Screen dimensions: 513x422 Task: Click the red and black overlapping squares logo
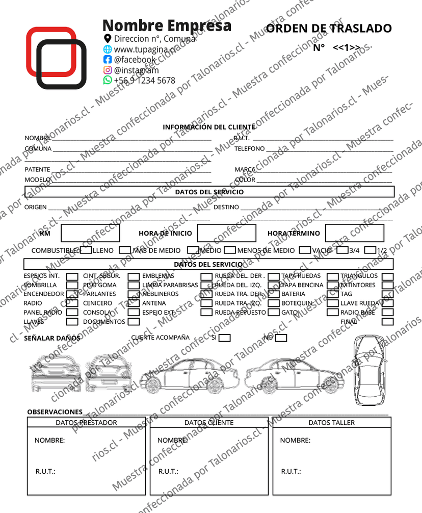(55, 58)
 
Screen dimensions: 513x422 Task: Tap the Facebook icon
(107, 60)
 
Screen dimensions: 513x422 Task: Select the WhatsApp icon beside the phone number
(107, 80)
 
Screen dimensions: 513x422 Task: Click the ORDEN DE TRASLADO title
(329, 28)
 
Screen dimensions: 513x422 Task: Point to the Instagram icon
(107, 70)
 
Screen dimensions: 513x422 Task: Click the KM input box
(90, 233)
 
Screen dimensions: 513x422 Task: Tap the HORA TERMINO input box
(354, 233)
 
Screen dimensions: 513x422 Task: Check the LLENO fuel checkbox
(86, 250)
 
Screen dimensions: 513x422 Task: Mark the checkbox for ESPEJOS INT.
(72, 276)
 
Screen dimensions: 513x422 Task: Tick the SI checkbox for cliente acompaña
(224, 338)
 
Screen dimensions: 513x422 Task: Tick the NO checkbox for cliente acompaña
(281, 338)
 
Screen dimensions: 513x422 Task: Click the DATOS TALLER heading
(331, 423)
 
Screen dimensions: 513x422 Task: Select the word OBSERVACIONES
(55, 412)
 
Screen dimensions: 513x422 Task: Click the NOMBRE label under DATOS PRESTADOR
(49, 441)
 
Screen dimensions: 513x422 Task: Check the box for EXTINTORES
(388, 285)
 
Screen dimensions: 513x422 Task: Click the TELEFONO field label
(250, 149)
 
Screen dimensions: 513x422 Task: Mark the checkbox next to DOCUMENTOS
(134, 322)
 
